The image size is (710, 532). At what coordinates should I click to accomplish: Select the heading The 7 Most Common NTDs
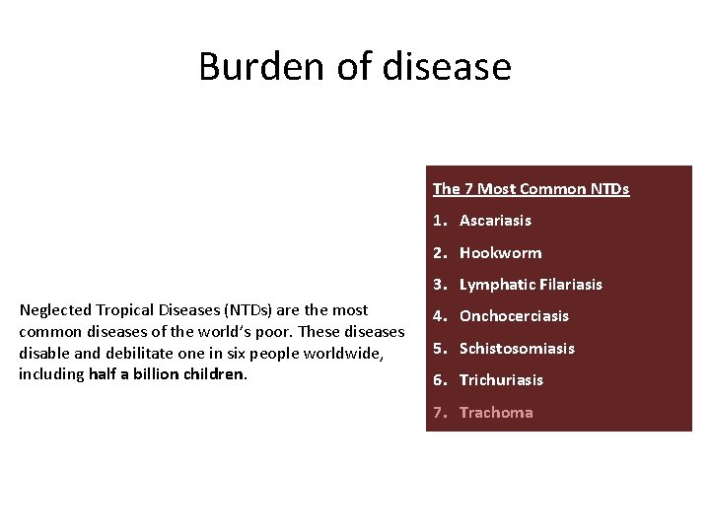pyautogui.click(x=531, y=189)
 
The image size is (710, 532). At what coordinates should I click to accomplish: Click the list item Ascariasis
pyautogui.click(x=495, y=221)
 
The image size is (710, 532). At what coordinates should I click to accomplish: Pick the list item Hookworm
pyautogui.click(x=500, y=253)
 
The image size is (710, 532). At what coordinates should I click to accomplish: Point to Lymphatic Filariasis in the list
pyautogui.click(x=531, y=285)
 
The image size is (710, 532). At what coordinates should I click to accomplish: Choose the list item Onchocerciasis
pyautogui.click(x=514, y=316)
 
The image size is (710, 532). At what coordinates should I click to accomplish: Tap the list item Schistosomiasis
pyautogui.click(x=517, y=349)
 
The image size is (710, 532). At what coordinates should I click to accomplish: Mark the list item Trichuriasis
pyautogui.click(x=501, y=380)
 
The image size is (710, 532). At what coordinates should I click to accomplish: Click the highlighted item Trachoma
pyautogui.click(x=496, y=413)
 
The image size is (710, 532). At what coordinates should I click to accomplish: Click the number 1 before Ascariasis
pyautogui.click(x=438, y=221)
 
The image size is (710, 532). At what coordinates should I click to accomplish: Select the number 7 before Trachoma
pyautogui.click(x=438, y=413)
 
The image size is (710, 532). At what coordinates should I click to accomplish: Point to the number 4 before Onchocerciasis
pyautogui.click(x=438, y=316)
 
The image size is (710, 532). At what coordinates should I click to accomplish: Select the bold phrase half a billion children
pyautogui.click(x=167, y=374)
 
